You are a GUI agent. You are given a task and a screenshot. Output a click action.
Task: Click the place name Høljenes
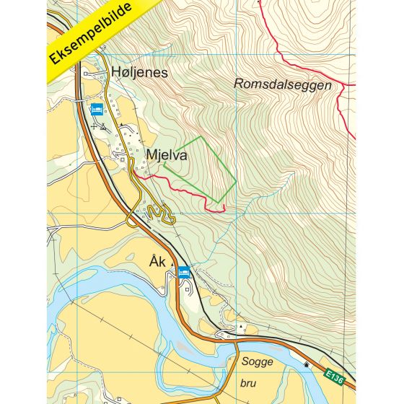[x=140, y=72]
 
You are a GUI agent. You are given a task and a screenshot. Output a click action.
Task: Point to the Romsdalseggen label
[x=283, y=84]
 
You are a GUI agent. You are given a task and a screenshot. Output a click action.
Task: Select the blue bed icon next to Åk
[x=183, y=273]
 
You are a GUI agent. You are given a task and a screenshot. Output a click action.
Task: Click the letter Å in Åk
[x=155, y=260]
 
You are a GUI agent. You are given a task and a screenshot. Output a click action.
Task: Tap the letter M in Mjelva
[x=151, y=154]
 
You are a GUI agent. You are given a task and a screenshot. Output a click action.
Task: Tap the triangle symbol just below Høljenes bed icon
[x=103, y=126]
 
